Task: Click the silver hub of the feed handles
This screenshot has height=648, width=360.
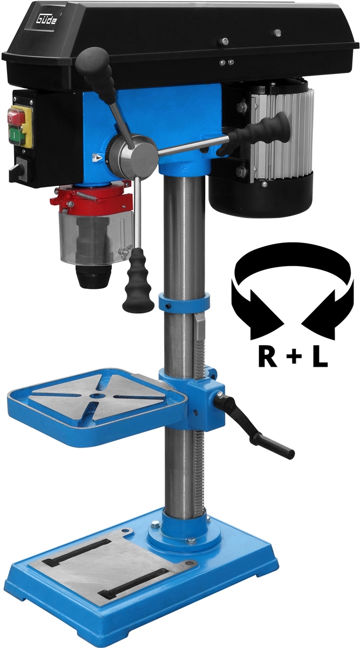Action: [x=134, y=154]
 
